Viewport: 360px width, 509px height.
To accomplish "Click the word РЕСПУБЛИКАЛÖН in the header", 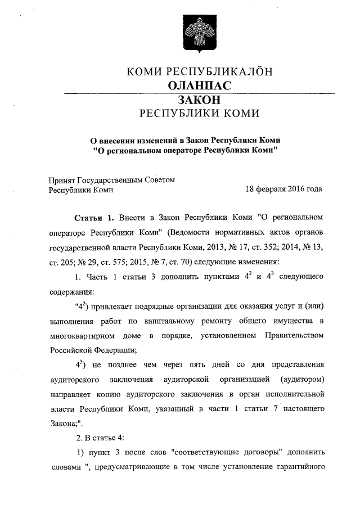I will tap(220, 71).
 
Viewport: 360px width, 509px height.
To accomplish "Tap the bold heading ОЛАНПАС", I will tap(199, 85).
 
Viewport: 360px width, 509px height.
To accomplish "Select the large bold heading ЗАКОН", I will tap(199, 100).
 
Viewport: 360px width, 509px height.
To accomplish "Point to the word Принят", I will tap(61, 179).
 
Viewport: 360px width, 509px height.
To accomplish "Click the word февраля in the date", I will tap(262, 190).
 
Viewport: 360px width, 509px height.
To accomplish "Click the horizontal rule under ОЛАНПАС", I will tap(199, 92).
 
